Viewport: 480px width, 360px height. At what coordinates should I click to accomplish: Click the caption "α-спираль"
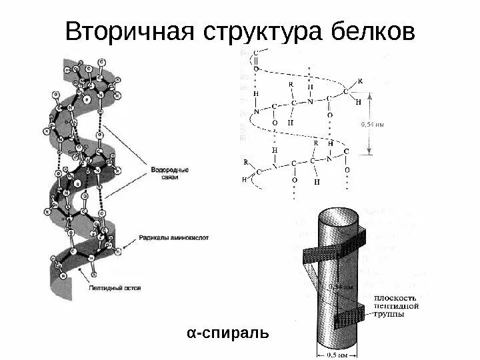pyautogui.click(x=227, y=332)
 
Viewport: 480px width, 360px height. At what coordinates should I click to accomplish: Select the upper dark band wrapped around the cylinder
pyautogui.click(x=333, y=247)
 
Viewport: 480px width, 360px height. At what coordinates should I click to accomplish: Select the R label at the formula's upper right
pyautogui.click(x=361, y=81)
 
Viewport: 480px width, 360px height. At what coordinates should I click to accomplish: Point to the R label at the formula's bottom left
pyautogui.click(x=246, y=162)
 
